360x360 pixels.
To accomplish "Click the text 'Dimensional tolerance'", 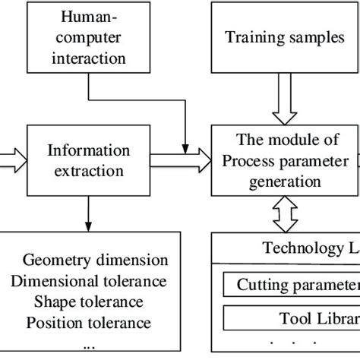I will click(88, 281).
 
